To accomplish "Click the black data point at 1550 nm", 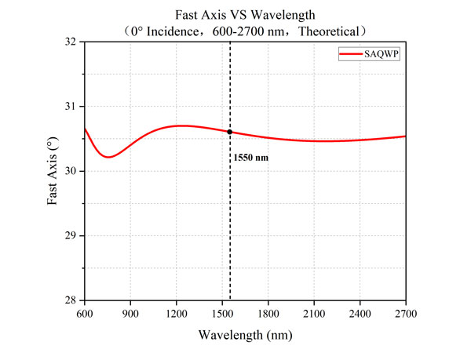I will [x=230, y=132].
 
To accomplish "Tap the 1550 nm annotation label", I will [x=250, y=158].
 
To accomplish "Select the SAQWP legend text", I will [x=380, y=53].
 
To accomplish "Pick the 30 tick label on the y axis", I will [x=72, y=171].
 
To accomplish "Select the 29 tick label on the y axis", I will [x=72, y=235].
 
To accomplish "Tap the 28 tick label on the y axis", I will [x=72, y=300].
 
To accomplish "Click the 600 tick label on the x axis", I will [x=85, y=314].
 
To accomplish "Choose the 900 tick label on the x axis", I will [x=130, y=314].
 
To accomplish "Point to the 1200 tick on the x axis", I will [x=177, y=314].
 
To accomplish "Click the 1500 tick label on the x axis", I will [x=222, y=314].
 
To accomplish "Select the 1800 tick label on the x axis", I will [x=268, y=314].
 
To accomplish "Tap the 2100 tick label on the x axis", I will [x=314, y=314].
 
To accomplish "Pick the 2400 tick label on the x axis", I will [x=360, y=314].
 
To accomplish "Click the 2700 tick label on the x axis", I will [x=406, y=314].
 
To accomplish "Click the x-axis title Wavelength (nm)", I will [x=245, y=336].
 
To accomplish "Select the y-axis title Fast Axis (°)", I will [x=53, y=170].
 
